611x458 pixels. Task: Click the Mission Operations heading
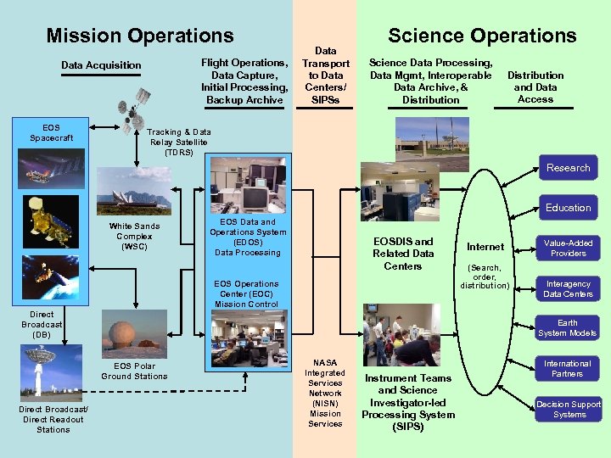click(x=140, y=36)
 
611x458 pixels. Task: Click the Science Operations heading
click(x=482, y=36)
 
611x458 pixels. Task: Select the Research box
click(x=568, y=168)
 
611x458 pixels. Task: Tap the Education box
click(x=568, y=208)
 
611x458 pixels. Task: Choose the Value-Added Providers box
click(x=568, y=248)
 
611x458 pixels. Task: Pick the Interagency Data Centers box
click(x=568, y=289)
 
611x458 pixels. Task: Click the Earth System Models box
click(x=568, y=327)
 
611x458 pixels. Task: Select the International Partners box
click(x=568, y=368)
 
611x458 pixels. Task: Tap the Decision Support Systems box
click(x=568, y=409)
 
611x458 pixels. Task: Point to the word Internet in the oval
click(x=485, y=247)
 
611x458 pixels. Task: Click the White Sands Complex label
click(x=134, y=237)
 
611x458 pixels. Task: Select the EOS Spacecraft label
click(x=51, y=132)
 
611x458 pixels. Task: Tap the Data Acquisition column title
click(x=101, y=65)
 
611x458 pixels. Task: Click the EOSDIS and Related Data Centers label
click(x=403, y=254)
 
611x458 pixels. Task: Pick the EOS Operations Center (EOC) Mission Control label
click(x=246, y=293)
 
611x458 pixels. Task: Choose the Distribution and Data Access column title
click(x=535, y=87)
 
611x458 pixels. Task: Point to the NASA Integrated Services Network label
click(x=325, y=393)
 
